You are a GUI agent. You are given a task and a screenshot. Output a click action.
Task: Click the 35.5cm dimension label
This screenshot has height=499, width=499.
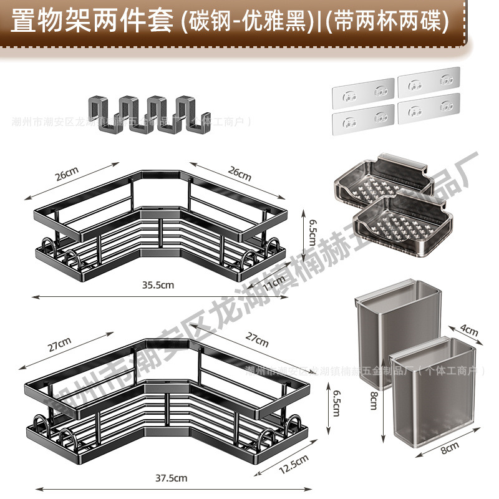point(157,285)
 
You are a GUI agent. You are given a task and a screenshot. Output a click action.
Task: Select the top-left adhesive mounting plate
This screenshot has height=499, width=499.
point(363,90)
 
